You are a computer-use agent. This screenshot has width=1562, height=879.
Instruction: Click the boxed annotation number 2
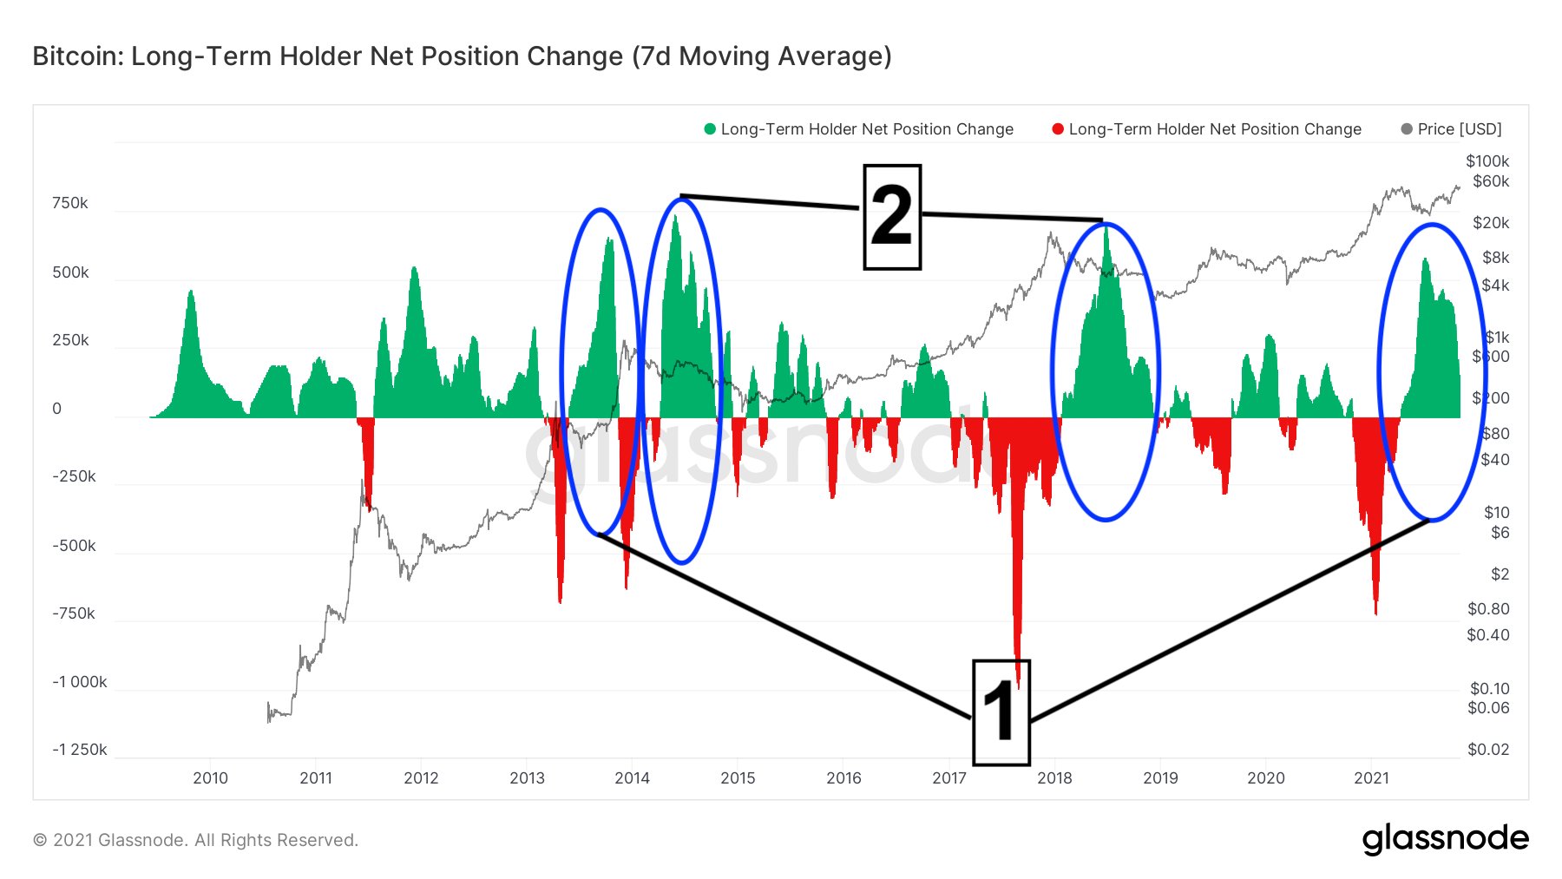[x=891, y=216]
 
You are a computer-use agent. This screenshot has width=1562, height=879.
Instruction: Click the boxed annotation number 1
[x=1001, y=712]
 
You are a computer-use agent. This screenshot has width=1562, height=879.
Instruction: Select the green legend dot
[x=710, y=129]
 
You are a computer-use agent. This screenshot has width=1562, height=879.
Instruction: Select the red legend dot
[x=1058, y=129]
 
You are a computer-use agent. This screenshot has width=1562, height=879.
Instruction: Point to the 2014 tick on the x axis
[x=632, y=778]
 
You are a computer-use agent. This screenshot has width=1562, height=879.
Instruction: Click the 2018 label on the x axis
[x=1054, y=778]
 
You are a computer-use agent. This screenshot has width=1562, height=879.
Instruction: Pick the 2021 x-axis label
[x=1371, y=778]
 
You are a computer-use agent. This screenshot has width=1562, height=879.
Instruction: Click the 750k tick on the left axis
[x=70, y=203]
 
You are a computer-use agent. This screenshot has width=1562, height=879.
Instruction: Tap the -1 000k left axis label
[x=80, y=682]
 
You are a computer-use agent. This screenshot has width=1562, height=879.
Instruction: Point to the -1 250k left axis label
[x=80, y=750]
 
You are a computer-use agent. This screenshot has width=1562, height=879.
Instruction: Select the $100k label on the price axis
[x=1487, y=161]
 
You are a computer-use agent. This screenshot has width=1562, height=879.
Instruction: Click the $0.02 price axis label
[x=1488, y=750]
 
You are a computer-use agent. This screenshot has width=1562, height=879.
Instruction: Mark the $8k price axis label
[x=1495, y=258]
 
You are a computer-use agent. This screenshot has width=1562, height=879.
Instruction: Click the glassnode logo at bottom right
[x=1445, y=839]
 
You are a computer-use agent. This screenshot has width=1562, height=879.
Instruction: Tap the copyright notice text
[x=195, y=840]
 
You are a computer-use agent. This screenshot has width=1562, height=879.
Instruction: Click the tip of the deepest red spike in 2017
[x=1018, y=685]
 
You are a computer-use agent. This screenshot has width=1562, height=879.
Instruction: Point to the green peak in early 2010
[x=191, y=292]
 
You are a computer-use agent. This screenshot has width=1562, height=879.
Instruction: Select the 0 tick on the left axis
[x=57, y=409]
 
